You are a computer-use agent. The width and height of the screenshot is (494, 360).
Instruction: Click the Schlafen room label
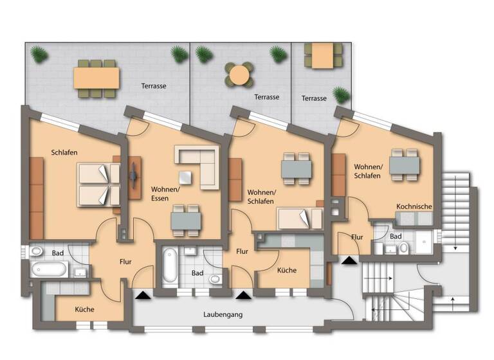[x=65, y=152]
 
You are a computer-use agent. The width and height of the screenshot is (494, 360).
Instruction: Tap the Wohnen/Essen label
[x=165, y=194]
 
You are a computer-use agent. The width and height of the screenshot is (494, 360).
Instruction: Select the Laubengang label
[x=221, y=316]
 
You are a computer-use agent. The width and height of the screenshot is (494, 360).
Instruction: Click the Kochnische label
[x=414, y=206]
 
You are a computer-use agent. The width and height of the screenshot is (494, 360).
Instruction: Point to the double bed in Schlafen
[x=98, y=184]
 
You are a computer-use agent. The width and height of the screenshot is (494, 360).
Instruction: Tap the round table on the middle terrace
[x=239, y=74]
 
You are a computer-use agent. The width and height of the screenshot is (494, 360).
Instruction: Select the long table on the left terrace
[x=96, y=78]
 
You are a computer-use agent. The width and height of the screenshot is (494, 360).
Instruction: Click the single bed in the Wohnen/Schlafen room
[x=299, y=219]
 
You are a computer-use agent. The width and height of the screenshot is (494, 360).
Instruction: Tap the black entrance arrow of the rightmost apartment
[x=349, y=260]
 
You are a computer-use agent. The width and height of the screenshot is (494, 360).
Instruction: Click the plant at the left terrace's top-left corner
[x=39, y=55]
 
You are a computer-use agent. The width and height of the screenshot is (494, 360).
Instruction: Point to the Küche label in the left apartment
[x=84, y=309]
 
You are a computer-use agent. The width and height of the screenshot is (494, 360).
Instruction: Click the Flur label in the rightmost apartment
[x=357, y=237]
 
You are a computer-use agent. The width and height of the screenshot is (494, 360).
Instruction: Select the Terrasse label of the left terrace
[x=154, y=85]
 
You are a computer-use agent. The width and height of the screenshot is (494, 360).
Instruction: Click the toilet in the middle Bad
[x=215, y=279]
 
